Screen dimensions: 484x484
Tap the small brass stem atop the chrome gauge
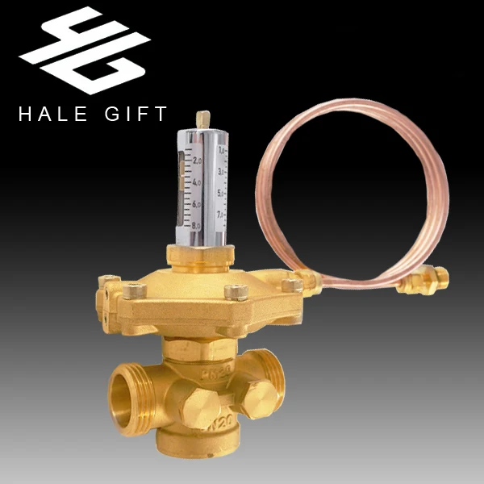[x=202, y=118]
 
